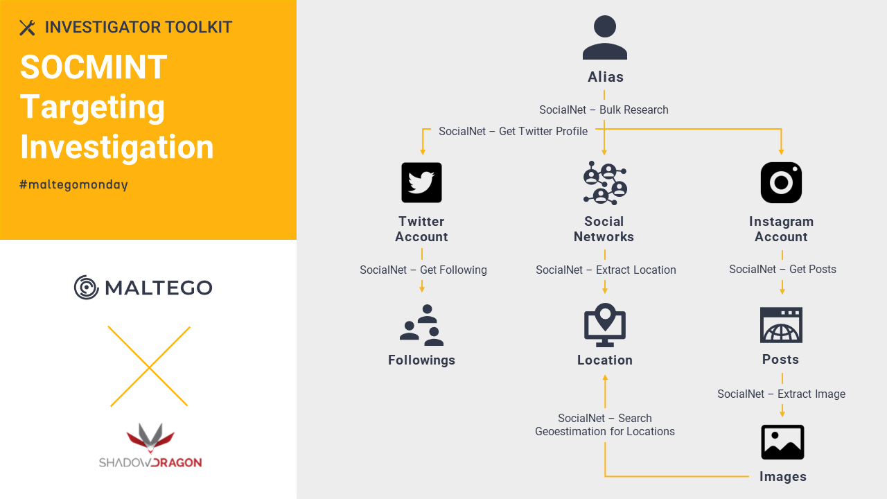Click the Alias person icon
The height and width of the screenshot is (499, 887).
[605, 37]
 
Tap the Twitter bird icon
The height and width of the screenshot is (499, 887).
[421, 182]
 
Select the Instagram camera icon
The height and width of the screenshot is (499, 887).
[781, 182]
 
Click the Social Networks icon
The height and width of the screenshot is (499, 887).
[605, 182]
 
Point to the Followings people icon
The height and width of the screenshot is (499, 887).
[421, 325]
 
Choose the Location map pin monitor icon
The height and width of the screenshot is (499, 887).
[605, 325]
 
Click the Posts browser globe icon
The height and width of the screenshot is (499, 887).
[781, 325]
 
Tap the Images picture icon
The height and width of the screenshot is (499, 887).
[782, 442]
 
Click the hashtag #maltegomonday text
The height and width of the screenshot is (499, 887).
[73, 184]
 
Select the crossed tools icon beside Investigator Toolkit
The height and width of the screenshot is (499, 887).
[27, 28]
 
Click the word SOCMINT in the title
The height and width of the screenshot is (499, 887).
[94, 67]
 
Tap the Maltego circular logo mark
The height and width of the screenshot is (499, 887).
[86, 287]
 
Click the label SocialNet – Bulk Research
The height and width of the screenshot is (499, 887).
[604, 110]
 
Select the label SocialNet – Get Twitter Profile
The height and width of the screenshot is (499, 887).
[513, 131]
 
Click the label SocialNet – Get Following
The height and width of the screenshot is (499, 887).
[423, 270]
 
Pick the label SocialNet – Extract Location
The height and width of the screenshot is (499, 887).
[606, 270]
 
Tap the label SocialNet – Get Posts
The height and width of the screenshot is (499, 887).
[782, 269]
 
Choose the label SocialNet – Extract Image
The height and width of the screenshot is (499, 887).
[781, 394]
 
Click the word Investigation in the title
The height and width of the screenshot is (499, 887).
[117, 147]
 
